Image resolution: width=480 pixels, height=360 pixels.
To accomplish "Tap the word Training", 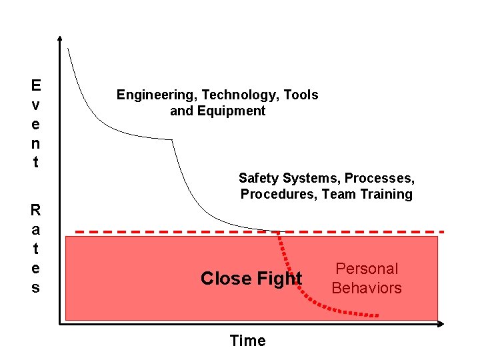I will pos(386,194).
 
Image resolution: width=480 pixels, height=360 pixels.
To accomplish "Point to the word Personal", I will pos(367,269).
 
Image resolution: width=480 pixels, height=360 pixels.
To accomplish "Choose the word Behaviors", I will pos(367,288).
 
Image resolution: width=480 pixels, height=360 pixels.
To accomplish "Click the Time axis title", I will pos(247,341).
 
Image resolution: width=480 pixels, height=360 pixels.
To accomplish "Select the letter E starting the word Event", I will pos(35,85).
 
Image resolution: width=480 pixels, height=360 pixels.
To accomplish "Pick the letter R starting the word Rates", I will pos(35,211).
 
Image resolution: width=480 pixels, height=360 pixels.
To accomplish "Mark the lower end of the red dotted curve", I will pos(377,315).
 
